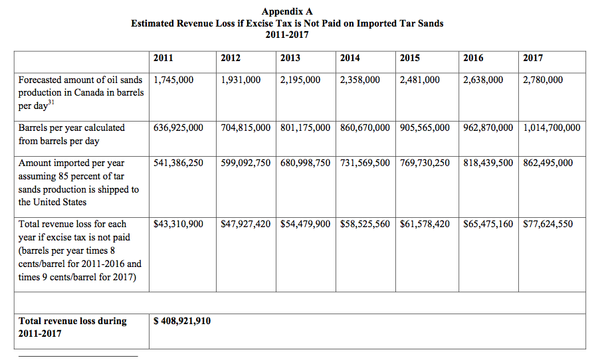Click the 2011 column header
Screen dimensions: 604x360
163,58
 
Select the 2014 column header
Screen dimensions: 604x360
350,58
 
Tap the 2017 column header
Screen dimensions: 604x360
533,58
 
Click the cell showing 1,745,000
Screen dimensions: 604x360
173,80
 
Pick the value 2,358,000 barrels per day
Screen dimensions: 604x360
359,80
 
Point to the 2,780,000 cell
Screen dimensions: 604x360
543,80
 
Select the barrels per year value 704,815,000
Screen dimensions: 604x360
245,128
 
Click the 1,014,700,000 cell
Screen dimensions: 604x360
552,128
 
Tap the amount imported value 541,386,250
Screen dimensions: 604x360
178,163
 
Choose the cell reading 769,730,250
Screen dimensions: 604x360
425,163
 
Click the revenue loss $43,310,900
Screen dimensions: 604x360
178,224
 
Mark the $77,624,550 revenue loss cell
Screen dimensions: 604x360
548,224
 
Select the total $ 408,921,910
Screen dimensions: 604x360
182,321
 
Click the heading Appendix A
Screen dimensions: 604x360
287,11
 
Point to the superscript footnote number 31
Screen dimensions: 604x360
51,102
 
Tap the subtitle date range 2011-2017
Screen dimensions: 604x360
287,35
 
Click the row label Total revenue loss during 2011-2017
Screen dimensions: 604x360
72,327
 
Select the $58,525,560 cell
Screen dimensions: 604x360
365,224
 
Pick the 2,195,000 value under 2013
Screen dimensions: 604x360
300,80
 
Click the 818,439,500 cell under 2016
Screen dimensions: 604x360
488,163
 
